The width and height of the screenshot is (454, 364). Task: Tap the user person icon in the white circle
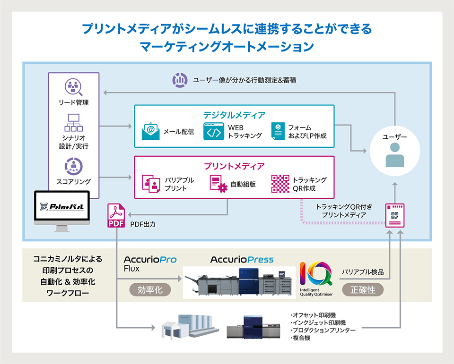point(395,155)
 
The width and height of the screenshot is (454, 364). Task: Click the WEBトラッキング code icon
point(213,131)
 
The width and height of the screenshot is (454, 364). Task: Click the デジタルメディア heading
point(234,115)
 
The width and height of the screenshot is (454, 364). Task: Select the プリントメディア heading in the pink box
point(234,166)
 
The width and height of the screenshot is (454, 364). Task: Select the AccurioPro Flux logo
point(150,264)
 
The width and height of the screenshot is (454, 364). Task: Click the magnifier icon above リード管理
point(73,87)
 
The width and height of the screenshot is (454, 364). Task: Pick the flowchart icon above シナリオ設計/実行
point(73,123)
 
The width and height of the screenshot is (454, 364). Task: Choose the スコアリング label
point(73,181)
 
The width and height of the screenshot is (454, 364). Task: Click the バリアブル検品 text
point(363,272)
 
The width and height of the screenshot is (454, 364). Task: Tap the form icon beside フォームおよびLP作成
point(278,131)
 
